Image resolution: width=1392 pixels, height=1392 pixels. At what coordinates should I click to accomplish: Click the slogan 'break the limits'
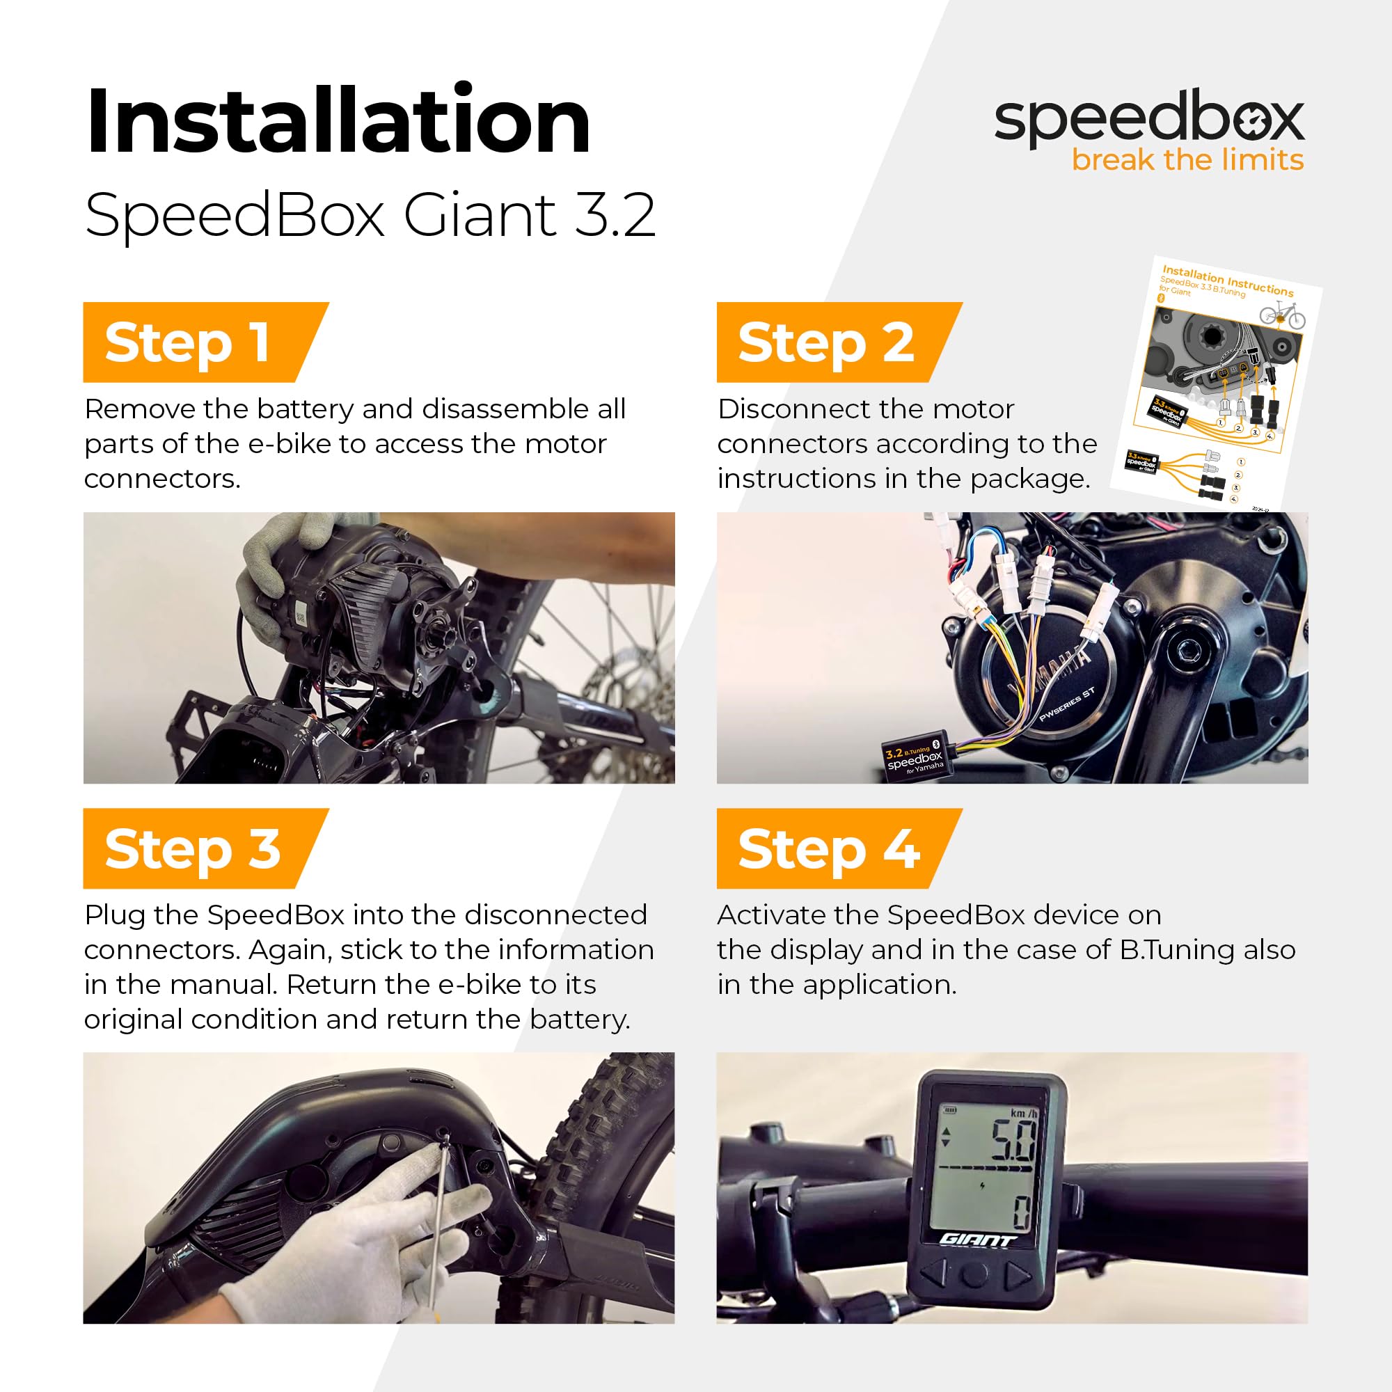[x=1187, y=160]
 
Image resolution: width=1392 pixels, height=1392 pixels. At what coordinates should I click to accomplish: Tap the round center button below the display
[x=974, y=1274]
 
